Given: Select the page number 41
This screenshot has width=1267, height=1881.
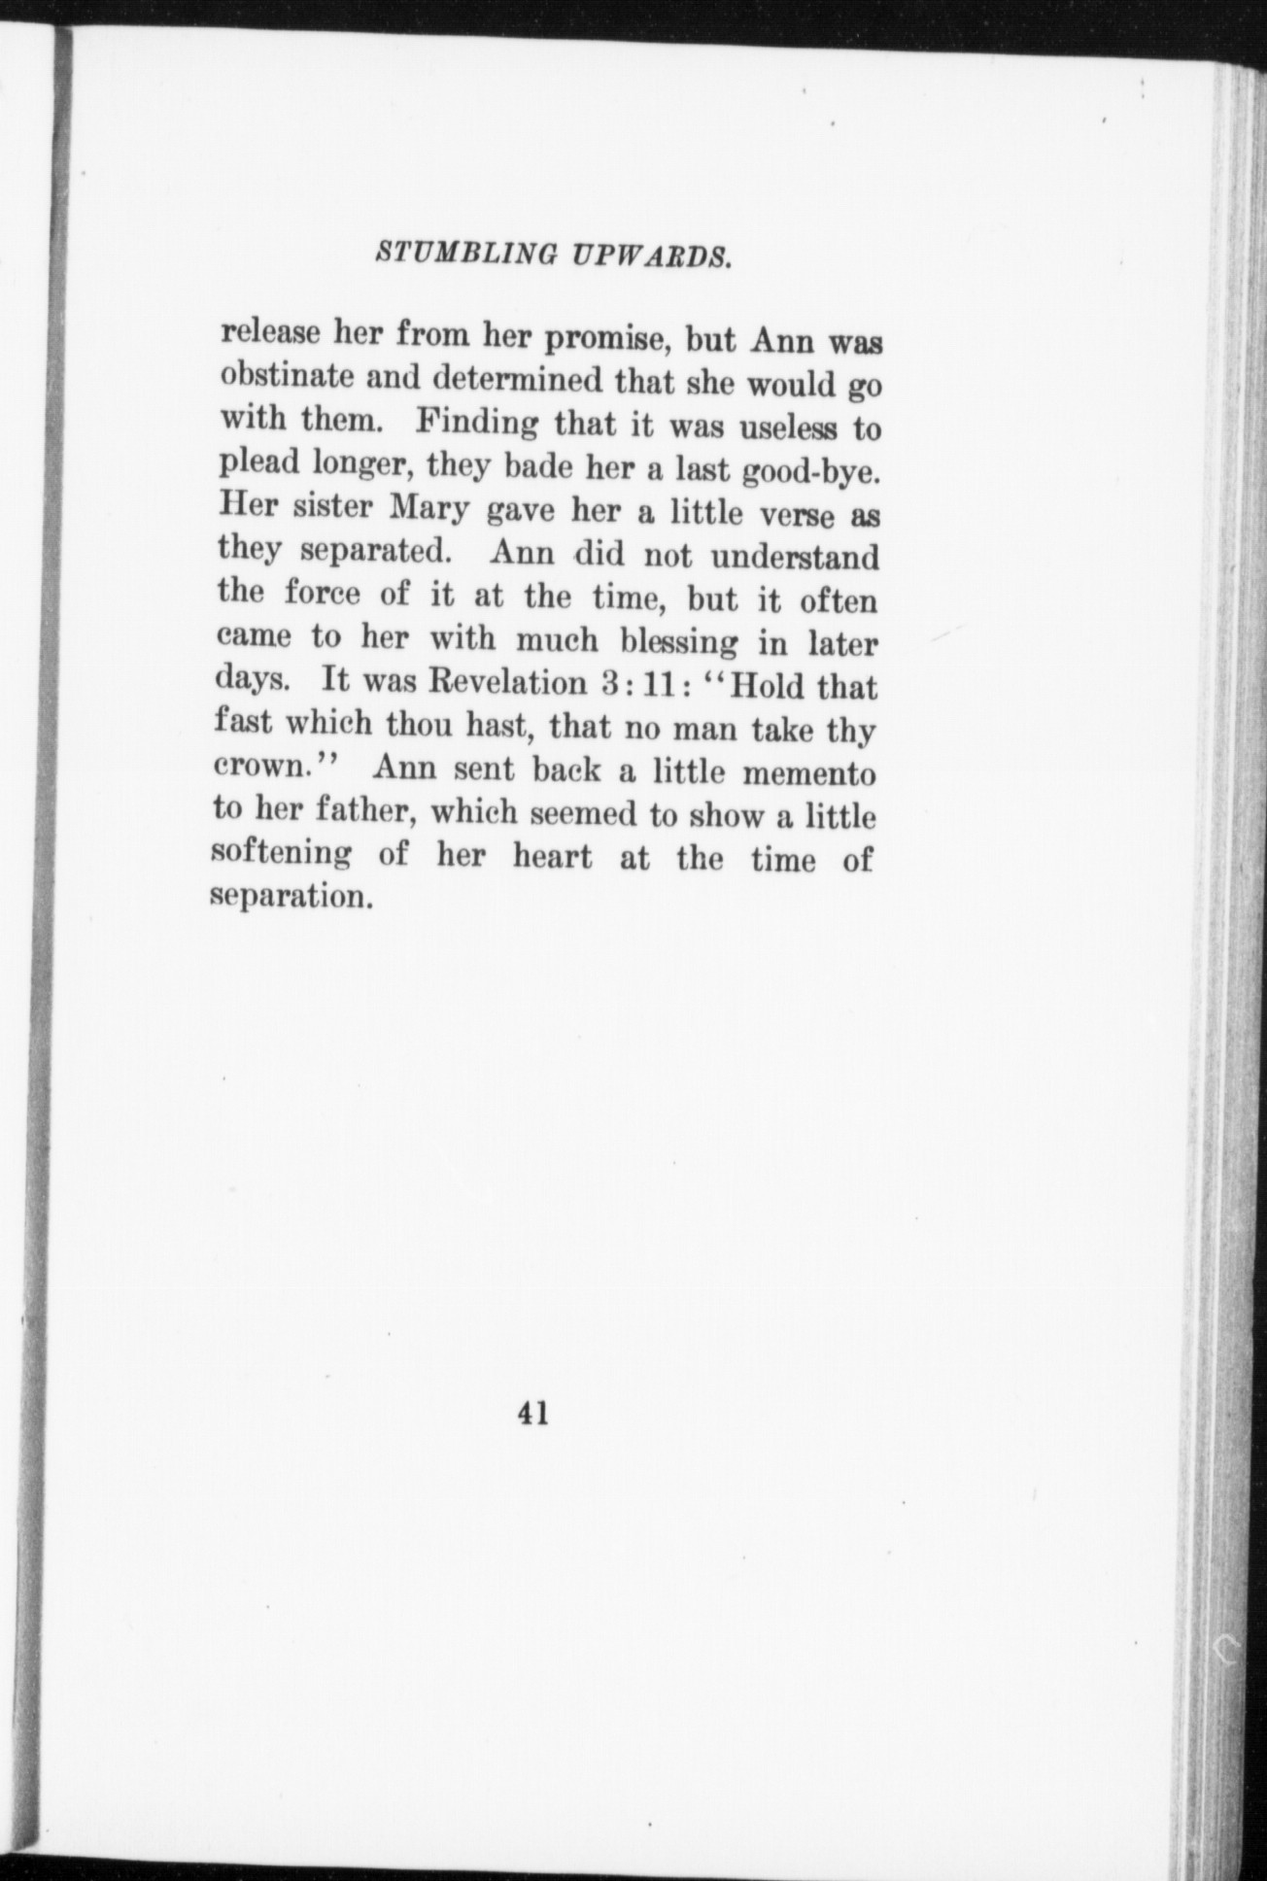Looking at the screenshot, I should coord(533,1414).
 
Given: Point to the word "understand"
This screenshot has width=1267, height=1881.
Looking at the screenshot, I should coord(794,558).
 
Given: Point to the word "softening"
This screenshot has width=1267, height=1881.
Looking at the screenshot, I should coord(281,852).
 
